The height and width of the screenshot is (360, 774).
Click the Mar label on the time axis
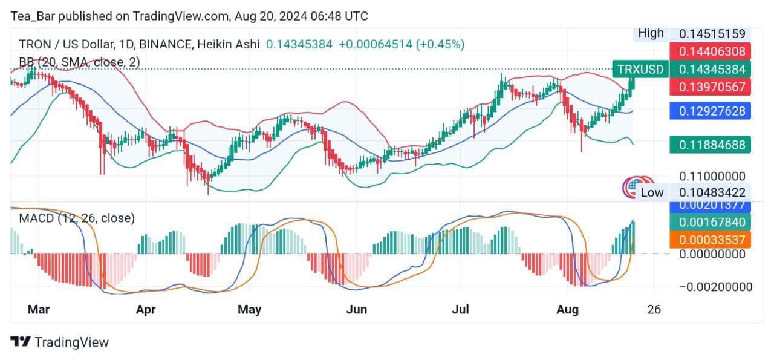[38, 310]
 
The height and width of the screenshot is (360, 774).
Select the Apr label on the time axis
[146, 310]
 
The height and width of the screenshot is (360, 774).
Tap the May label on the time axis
[249, 310]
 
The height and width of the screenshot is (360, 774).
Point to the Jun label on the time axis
[356, 310]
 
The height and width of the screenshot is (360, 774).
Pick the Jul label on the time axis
[461, 310]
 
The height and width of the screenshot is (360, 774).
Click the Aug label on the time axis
[567, 310]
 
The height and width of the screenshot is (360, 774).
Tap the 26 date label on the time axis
[654, 310]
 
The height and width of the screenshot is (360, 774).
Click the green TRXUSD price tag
[640, 69]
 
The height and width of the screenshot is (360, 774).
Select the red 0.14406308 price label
[712, 51]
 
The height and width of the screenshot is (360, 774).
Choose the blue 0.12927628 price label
[712, 110]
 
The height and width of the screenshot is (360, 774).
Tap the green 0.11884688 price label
[712, 145]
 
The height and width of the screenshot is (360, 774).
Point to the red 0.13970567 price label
[712, 87]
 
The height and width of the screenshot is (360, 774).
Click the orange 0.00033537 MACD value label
[712, 240]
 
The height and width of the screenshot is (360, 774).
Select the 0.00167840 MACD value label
[712, 222]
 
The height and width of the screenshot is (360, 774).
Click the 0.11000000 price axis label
[712, 177]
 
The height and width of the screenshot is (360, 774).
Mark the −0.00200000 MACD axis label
[712, 287]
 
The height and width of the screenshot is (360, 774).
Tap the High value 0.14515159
[712, 34]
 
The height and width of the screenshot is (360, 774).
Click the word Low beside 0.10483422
[652, 192]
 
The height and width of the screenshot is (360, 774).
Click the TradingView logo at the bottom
[60, 342]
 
